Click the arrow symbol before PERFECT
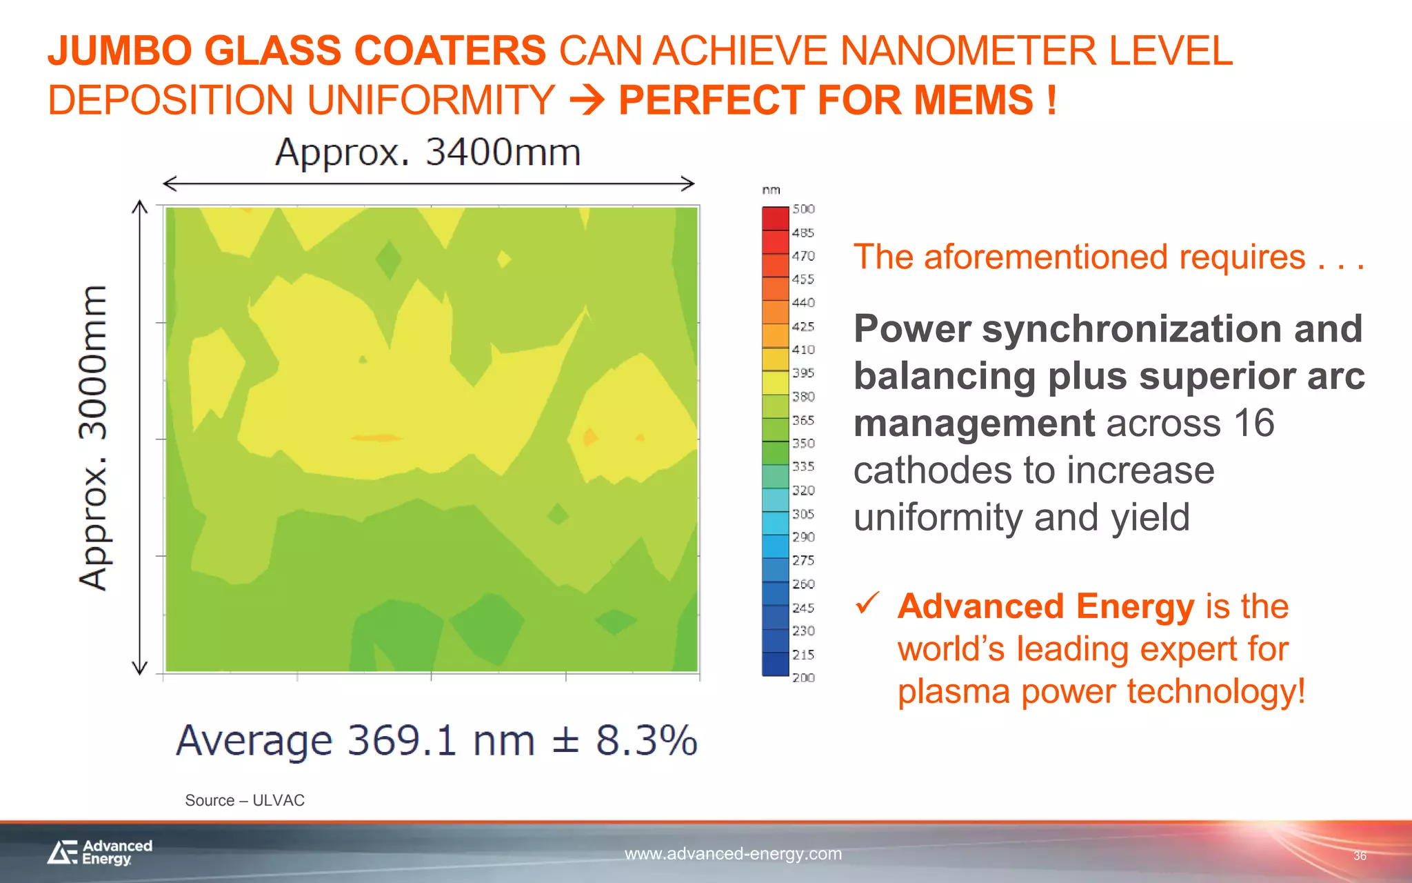[x=587, y=101]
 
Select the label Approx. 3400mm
[x=427, y=152]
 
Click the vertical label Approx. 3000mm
[x=93, y=437]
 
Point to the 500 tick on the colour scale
[x=803, y=209]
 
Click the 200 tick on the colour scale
[x=803, y=677]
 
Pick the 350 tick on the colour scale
[x=803, y=443]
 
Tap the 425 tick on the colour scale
[x=803, y=326]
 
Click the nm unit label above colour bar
[x=771, y=190]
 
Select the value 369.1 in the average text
[x=402, y=741]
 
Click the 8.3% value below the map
[x=646, y=741]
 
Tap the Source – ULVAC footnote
[x=244, y=800]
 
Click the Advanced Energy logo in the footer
[x=100, y=852]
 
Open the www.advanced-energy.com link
[x=733, y=854]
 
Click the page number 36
[x=1359, y=856]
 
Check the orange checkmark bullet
[x=867, y=603]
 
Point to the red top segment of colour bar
[x=775, y=218]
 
